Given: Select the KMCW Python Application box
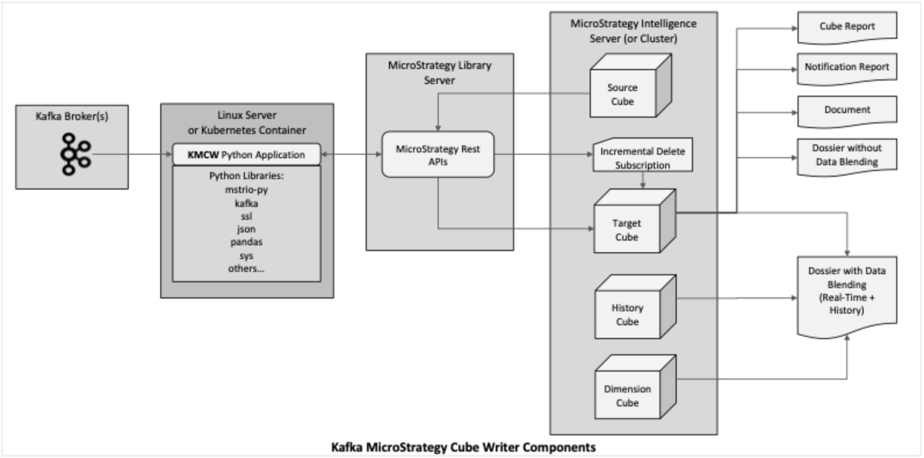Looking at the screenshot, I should [x=246, y=155].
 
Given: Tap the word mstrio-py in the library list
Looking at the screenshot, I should [x=246, y=190].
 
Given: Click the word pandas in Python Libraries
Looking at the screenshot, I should [x=246, y=242].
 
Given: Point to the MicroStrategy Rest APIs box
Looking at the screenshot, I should [x=438, y=155].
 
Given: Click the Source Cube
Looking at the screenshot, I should [x=623, y=94].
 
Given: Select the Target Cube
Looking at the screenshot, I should [x=627, y=230].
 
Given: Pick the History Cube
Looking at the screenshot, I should [x=627, y=314].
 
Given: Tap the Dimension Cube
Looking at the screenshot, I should [x=627, y=395].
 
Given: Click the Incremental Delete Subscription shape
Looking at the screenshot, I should [x=643, y=157].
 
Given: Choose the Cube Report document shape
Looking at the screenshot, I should [x=847, y=27].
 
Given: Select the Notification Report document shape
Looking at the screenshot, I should [x=847, y=67].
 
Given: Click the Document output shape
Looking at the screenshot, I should [x=847, y=110].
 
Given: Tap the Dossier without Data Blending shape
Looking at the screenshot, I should [x=847, y=155].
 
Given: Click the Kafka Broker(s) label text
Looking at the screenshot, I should [x=72, y=116].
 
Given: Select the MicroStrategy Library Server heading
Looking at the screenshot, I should [x=439, y=72].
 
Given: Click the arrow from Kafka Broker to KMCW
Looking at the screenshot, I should [x=133, y=154].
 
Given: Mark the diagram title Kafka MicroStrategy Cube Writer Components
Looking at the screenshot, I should [x=463, y=447].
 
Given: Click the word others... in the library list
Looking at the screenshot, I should [x=246, y=268].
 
